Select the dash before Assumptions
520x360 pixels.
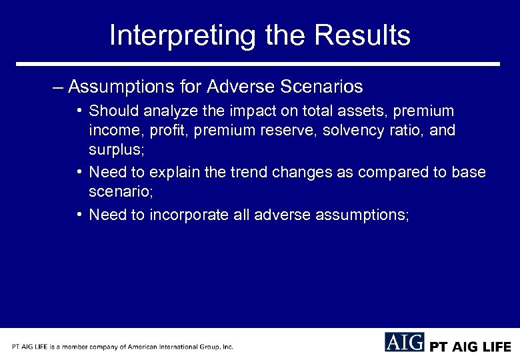pos(59,87)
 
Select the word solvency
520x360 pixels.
pos(349,130)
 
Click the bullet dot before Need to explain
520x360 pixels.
pos(79,173)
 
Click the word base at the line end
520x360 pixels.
pos(470,173)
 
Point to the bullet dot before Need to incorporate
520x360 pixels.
pos(79,215)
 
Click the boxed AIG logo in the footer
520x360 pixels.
pos(404,342)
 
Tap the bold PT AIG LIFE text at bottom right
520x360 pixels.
pos(470,347)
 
